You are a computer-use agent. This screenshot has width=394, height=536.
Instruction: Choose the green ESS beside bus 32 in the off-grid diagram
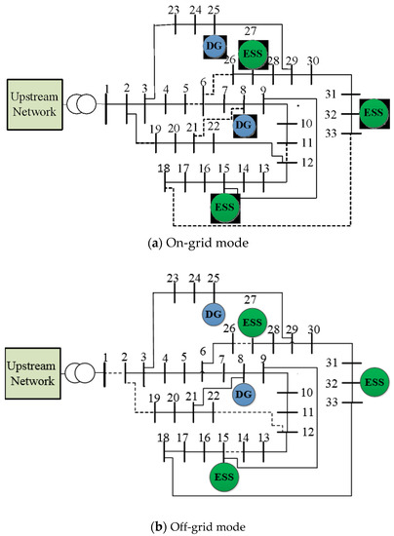click(373, 382)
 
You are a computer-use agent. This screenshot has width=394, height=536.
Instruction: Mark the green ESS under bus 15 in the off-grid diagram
click(226, 478)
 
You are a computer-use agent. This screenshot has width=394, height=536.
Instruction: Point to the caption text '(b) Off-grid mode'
click(195, 526)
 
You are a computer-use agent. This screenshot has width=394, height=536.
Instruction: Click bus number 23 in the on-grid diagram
click(174, 10)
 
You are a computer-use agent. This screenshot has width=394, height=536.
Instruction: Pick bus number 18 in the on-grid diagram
click(164, 168)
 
